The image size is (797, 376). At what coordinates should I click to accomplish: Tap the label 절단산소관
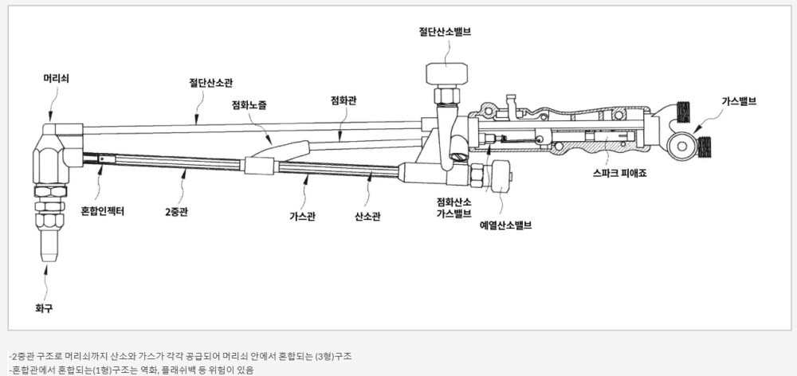coord(210,82)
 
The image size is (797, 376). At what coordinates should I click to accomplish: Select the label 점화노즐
coord(249,104)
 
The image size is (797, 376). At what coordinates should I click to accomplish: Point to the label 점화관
coord(344,100)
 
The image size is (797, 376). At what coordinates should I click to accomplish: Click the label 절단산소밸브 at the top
coord(445,32)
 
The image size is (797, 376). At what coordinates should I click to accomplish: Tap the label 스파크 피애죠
coord(622,172)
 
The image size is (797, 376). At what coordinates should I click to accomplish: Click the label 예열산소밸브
coord(505,225)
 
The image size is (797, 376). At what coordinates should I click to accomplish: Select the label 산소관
coord(367,216)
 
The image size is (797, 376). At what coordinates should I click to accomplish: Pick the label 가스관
coord(301,216)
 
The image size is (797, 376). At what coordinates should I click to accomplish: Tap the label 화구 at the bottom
coord(44,307)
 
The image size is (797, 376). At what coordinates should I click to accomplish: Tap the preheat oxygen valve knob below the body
coord(501,176)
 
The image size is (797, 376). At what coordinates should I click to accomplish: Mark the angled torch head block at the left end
coord(54,151)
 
